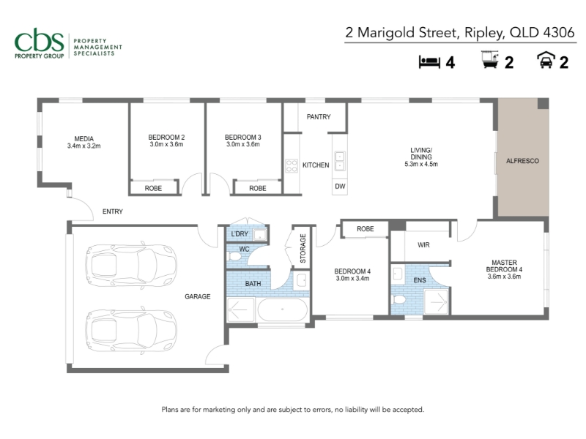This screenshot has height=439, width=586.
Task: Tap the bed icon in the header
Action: [x=429, y=62]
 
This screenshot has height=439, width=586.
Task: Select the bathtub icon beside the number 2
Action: [x=490, y=60]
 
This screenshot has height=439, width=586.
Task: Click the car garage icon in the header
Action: [x=546, y=60]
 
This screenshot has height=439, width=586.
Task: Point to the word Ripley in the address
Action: [x=484, y=33]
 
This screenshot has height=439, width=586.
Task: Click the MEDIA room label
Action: [x=84, y=139]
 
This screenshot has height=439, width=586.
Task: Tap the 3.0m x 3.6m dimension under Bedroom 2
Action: [x=166, y=144]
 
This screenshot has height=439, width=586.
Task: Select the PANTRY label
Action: [x=319, y=117]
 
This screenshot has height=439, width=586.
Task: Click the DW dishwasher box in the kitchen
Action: [x=340, y=187]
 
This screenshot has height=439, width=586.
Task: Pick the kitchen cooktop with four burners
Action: [x=292, y=166]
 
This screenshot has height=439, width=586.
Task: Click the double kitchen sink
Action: [x=340, y=161]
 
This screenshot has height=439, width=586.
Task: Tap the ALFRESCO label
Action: [x=522, y=161]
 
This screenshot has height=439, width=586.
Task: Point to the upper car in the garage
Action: [x=131, y=265]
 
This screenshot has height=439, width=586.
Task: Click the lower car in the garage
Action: [x=131, y=331]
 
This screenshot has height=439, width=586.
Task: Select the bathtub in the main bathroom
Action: [x=283, y=309]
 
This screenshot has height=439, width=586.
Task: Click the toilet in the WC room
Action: [x=234, y=257]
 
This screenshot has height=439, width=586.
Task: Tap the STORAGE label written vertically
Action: [x=303, y=248]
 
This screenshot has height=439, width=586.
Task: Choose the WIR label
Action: [x=423, y=245]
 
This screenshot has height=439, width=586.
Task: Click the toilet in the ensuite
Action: [x=398, y=299]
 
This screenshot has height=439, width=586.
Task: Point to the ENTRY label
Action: [x=113, y=211]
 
